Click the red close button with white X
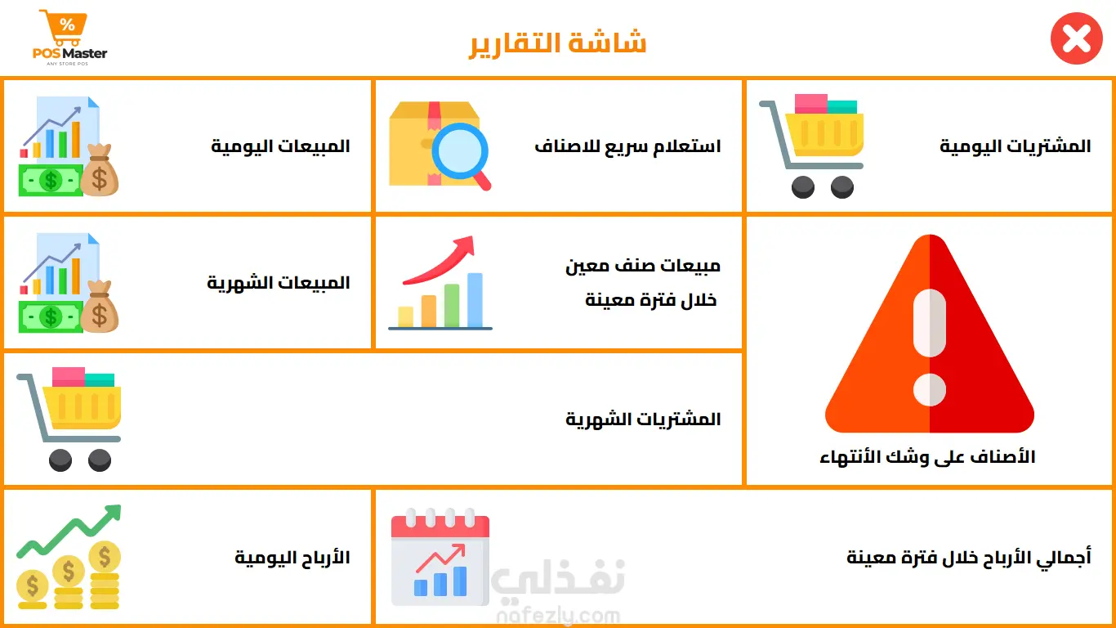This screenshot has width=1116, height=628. tap(1076, 38)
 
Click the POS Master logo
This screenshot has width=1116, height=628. tap(69, 38)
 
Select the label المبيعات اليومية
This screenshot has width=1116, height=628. tap(280, 146)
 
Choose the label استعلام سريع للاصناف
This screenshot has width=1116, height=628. tap(627, 146)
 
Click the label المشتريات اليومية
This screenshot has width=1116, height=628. tap(1016, 146)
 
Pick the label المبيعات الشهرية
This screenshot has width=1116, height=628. tap(279, 283)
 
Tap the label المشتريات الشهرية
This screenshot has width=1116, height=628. tap(643, 419)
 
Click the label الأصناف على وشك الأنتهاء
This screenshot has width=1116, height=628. tap(927, 457)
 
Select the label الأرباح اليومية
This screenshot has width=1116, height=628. tap(292, 557)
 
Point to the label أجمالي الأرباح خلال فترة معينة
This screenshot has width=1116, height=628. tap(969, 557)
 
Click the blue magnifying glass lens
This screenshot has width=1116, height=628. tap(459, 151)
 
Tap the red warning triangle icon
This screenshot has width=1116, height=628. tap(930, 333)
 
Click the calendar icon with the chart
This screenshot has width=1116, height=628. tap(440, 557)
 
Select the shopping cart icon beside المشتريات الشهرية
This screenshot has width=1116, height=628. tap(69, 419)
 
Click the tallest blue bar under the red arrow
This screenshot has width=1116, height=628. tap(475, 300)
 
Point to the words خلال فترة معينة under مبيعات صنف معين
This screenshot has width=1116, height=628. tap(650, 300)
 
